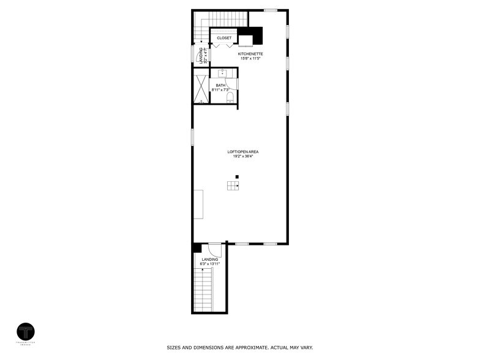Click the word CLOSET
click(224, 38)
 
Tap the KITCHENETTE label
click(250, 54)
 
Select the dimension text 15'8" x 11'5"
click(250, 59)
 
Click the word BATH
click(220, 86)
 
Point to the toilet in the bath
click(230, 97)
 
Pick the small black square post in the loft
click(237, 177)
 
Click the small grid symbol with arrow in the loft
click(233, 186)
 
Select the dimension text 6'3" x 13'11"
click(210, 264)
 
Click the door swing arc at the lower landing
click(214, 249)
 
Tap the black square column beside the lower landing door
click(197, 248)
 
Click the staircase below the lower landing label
click(204, 291)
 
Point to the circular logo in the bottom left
click(26, 332)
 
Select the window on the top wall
click(270, 10)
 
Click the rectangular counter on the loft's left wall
click(199, 204)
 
